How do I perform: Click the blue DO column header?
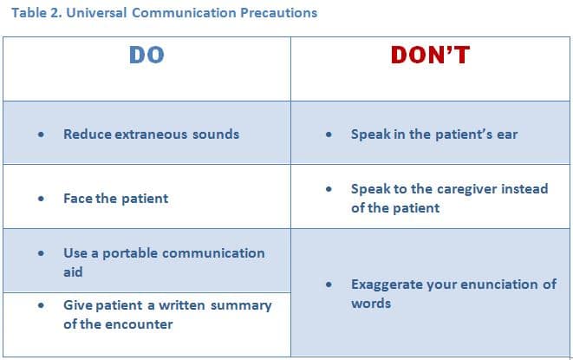point(147,55)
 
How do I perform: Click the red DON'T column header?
point(430,55)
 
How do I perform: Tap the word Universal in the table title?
point(96,13)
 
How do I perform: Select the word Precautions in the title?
point(279,13)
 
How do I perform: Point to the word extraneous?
point(151,134)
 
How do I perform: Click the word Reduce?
point(88,134)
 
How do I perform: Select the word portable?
point(130,253)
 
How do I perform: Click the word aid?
point(73,272)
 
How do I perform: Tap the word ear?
point(507,134)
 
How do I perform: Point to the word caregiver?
point(467,189)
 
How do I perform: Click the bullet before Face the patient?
point(41,199)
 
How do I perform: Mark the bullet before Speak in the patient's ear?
point(329,134)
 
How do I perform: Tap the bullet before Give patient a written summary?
point(41,305)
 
